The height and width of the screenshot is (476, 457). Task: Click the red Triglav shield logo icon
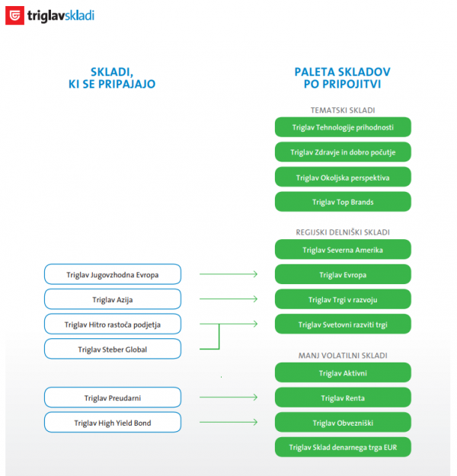tap(14, 15)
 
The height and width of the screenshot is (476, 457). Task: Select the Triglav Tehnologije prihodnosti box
tap(343, 126)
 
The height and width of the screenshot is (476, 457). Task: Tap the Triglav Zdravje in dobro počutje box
tap(343, 152)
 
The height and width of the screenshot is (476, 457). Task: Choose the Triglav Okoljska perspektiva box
tap(343, 177)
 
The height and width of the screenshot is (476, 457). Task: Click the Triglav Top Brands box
tap(343, 202)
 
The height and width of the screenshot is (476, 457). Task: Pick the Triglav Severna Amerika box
tap(343, 249)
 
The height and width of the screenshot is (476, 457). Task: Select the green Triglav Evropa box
tap(343, 274)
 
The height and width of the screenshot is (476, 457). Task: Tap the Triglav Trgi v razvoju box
tap(343, 299)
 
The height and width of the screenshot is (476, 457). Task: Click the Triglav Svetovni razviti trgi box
tap(343, 324)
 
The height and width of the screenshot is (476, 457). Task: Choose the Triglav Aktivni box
tap(343, 372)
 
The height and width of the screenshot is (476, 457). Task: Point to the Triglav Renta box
tap(343, 398)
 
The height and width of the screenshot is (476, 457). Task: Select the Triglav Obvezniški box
tap(343, 422)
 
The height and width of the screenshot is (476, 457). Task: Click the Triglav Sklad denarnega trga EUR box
tap(343, 447)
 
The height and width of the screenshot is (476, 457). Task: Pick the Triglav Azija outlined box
tap(113, 299)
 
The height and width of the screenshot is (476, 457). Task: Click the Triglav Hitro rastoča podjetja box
tap(113, 324)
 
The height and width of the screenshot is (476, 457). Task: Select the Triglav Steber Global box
tap(113, 350)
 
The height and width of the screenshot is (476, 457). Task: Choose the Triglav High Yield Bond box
tap(113, 422)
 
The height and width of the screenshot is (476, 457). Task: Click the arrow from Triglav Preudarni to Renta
tap(228, 398)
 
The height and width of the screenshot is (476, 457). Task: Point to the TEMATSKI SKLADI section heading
tap(343, 110)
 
